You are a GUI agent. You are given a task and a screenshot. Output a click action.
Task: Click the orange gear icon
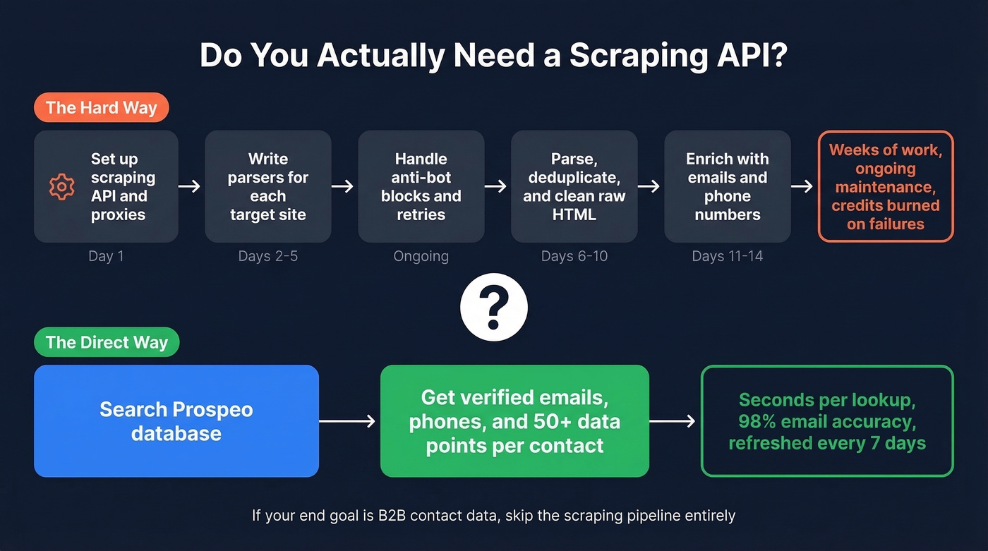[61, 186]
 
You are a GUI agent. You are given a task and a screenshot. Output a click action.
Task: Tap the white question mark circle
[494, 308]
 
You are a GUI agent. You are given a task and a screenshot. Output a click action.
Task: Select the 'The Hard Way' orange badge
[101, 108]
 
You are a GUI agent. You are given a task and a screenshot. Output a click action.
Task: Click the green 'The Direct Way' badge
[107, 343]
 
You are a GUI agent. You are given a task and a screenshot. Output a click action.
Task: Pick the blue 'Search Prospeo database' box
[176, 420]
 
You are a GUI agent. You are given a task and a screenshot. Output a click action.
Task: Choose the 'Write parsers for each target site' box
[268, 186]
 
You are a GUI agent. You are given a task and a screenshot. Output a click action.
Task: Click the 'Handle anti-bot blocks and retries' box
[421, 186]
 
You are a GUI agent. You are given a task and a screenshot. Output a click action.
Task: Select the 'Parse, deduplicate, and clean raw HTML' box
[574, 186]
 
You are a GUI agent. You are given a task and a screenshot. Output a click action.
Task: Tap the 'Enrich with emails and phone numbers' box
[728, 186]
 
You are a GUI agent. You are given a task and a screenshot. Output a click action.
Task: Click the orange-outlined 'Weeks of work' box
[886, 186]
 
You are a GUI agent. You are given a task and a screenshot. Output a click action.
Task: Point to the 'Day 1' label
[106, 256]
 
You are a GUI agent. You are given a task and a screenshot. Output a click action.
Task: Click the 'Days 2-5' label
[268, 256]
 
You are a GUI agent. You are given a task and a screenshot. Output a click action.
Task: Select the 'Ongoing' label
[421, 256]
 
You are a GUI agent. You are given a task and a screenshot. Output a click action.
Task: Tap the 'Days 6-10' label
[574, 256]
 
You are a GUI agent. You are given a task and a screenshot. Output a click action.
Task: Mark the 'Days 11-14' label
[728, 256]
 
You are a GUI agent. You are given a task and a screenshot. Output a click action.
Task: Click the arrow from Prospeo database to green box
[349, 421]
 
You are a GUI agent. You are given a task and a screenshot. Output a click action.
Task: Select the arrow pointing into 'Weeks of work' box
[802, 186]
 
